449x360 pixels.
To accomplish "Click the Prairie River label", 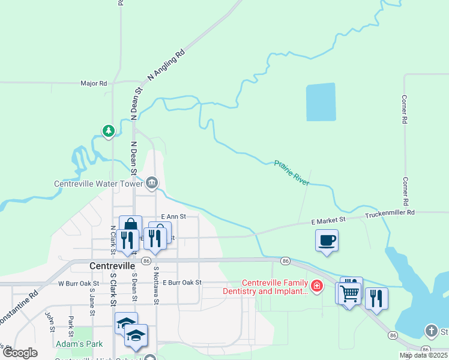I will (292, 173).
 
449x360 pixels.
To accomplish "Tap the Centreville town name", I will (115, 265).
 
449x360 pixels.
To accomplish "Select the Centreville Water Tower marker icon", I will (152, 184).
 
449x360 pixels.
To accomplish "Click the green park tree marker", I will (108, 131).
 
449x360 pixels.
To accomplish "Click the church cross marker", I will (431, 331).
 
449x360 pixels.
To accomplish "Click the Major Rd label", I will (94, 83).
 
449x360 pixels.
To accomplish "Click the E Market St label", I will (328, 221).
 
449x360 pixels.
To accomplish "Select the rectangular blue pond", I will (321, 102).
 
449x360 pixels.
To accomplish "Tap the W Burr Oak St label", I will (78, 283).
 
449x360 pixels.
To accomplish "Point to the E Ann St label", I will (174, 216).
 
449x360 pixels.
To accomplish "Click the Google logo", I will (19, 353).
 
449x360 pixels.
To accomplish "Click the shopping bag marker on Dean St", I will (130, 225).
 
